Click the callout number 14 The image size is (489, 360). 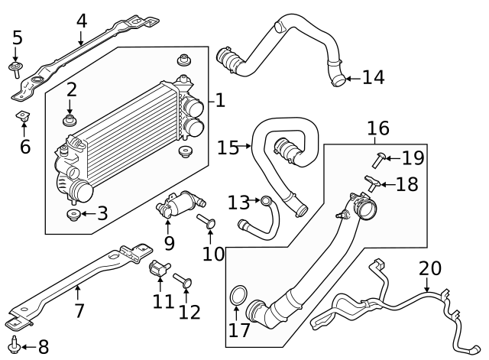[x=374, y=77]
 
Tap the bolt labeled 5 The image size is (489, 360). [x=15, y=70]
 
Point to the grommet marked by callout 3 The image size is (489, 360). [x=74, y=215]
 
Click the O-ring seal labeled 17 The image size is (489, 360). [x=238, y=295]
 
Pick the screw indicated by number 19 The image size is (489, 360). [x=380, y=160]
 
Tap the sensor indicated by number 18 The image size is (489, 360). [x=372, y=183]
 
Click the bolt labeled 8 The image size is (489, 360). [x=15, y=345]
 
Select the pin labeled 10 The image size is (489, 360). [x=206, y=221]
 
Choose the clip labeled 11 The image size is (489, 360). [x=160, y=268]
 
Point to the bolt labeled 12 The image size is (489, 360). [x=183, y=280]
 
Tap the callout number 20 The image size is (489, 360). [x=430, y=268]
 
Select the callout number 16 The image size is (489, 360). [x=378, y=128]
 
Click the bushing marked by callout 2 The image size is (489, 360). [x=70, y=121]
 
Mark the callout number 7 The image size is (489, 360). [x=79, y=310]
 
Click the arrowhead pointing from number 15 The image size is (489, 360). [x=248, y=146]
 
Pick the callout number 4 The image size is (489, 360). [x=82, y=21]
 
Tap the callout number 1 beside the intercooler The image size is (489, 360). [x=221, y=100]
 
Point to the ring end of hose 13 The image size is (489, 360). [x=266, y=200]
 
